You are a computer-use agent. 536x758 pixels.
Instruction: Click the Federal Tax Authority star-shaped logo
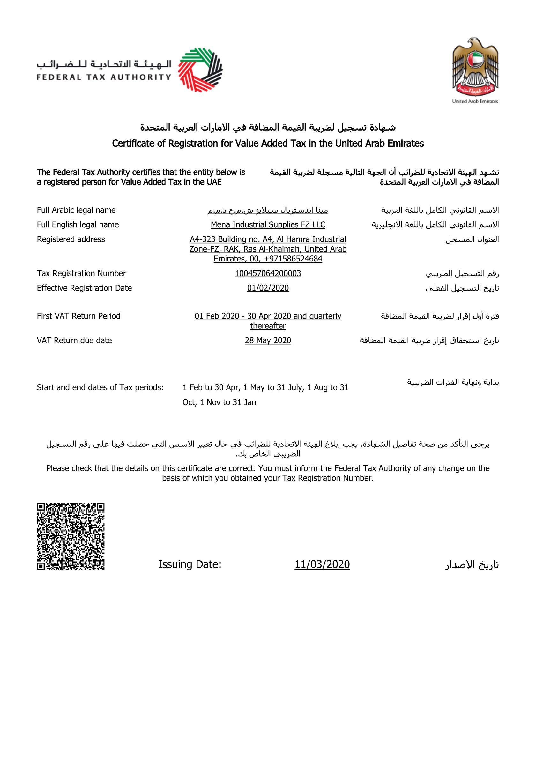pos(200,70)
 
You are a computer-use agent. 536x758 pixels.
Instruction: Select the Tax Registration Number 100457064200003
pos(268,273)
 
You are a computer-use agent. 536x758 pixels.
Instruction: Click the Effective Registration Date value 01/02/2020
pos(268,288)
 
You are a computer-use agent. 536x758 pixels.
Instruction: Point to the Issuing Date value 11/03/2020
pos(322,564)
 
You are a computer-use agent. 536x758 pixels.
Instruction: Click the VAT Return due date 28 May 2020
pos(268,340)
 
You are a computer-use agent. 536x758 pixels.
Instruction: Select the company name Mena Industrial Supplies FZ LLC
pos(268,224)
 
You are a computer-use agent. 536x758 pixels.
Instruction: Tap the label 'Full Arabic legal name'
pos(76,210)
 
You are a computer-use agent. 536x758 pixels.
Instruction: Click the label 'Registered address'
pos(71,239)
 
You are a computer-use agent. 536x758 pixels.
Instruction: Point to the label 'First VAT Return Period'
pos(78,316)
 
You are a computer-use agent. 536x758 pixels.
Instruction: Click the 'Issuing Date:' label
pos(190,564)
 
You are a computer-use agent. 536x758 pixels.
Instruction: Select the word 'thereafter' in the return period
pos(268,326)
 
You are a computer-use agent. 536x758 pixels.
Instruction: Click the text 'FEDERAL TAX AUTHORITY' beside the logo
pos(104,77)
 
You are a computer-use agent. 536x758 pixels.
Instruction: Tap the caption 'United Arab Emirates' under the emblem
pos(475,101)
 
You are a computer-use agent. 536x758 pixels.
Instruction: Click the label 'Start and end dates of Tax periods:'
pos(100,387)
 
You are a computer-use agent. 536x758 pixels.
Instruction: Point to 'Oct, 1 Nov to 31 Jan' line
pos(219,402)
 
